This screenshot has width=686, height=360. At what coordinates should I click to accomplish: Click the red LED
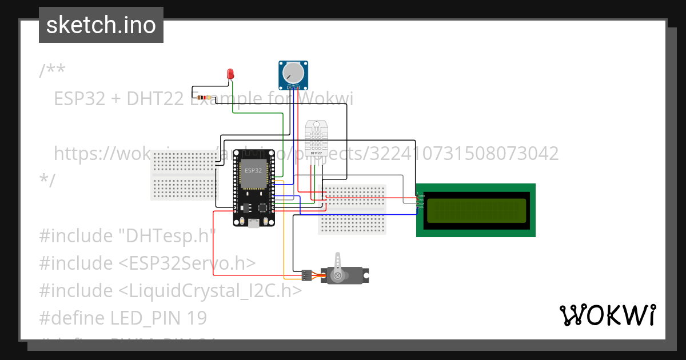point(230,74)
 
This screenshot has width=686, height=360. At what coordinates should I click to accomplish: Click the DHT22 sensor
point(316,138)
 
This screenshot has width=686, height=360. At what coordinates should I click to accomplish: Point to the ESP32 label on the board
point(253,170)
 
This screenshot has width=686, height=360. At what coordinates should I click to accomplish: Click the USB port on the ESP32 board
point(254,223)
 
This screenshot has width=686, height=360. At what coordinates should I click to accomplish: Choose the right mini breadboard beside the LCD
point(353,209)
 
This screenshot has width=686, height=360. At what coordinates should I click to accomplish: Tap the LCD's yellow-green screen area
point(476,210)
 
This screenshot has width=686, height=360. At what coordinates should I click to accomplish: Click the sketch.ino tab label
point(101,25)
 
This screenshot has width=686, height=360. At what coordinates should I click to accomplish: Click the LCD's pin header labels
point(421,200)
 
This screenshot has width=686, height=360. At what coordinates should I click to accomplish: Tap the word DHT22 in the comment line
point(155,99)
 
